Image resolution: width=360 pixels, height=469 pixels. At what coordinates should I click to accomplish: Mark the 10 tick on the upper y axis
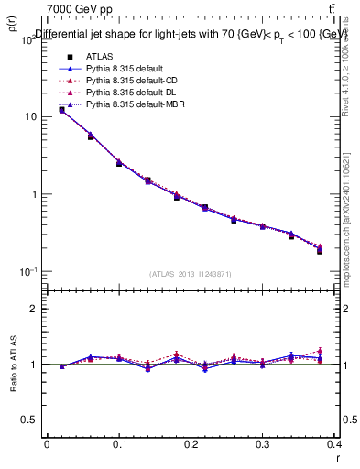pyautogui.click(x=31, y=117)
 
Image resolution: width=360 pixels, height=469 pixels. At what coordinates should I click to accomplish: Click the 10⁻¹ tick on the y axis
pyautogui.click(x=27, y=272)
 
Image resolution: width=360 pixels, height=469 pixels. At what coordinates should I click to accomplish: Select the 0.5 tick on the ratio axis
pyautogui.click(x=31, y=420)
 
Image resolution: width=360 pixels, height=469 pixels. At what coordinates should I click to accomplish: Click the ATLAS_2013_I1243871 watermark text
pyautogui.click(x=190, y=274)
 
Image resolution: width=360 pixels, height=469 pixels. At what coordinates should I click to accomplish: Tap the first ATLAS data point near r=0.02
pyautogui.click(x=61, y=110)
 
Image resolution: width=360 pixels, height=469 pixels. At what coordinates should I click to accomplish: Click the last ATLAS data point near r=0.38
pyautogui.click(x=320, y=251)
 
